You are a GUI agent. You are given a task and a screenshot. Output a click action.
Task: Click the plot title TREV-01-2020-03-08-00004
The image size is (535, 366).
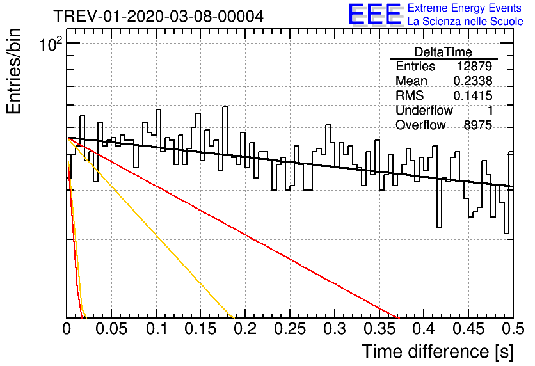click(159, 16)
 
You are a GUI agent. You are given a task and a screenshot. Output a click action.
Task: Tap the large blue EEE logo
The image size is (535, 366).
click(374, 13)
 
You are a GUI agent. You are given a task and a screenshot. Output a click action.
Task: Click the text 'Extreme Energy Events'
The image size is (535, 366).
click(465, 8)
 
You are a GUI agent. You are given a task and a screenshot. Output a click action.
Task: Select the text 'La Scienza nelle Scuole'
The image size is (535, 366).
click(465, 21)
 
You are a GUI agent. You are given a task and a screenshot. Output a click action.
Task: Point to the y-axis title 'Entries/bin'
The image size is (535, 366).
click(13, 71)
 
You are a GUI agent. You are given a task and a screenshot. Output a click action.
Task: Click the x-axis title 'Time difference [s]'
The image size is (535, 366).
click(438, 351)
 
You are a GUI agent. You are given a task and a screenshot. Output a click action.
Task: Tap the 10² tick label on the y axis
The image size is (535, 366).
click(51, 44)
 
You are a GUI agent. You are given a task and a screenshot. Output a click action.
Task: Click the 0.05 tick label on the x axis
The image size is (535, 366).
click(111, 329)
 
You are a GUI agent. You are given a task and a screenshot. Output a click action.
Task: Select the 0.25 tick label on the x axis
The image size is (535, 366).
click(290, 329)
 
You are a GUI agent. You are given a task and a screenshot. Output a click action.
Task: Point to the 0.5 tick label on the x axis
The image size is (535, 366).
click(513, 329)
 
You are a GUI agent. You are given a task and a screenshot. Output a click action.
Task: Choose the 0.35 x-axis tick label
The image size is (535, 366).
click(379, 329)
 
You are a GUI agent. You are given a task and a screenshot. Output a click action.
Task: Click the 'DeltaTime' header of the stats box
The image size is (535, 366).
click(443, 52)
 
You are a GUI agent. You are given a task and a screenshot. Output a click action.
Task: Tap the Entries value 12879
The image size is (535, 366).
click(475, 66)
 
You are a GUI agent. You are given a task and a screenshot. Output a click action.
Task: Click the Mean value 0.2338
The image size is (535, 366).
click(473, 81)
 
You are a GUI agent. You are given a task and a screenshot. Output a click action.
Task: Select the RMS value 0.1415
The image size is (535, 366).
click(473, 95)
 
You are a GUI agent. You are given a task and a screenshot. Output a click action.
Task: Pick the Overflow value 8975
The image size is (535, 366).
click(477, 125)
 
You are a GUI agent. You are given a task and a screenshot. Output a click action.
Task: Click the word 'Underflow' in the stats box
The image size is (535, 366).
click(424, 110)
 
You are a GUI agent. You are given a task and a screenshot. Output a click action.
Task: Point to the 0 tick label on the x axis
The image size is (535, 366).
click(67, 329)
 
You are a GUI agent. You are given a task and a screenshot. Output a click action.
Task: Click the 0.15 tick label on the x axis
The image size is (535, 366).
click(201, 329)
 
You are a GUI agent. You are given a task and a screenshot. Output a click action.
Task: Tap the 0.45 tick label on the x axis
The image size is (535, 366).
click(468, 329)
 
